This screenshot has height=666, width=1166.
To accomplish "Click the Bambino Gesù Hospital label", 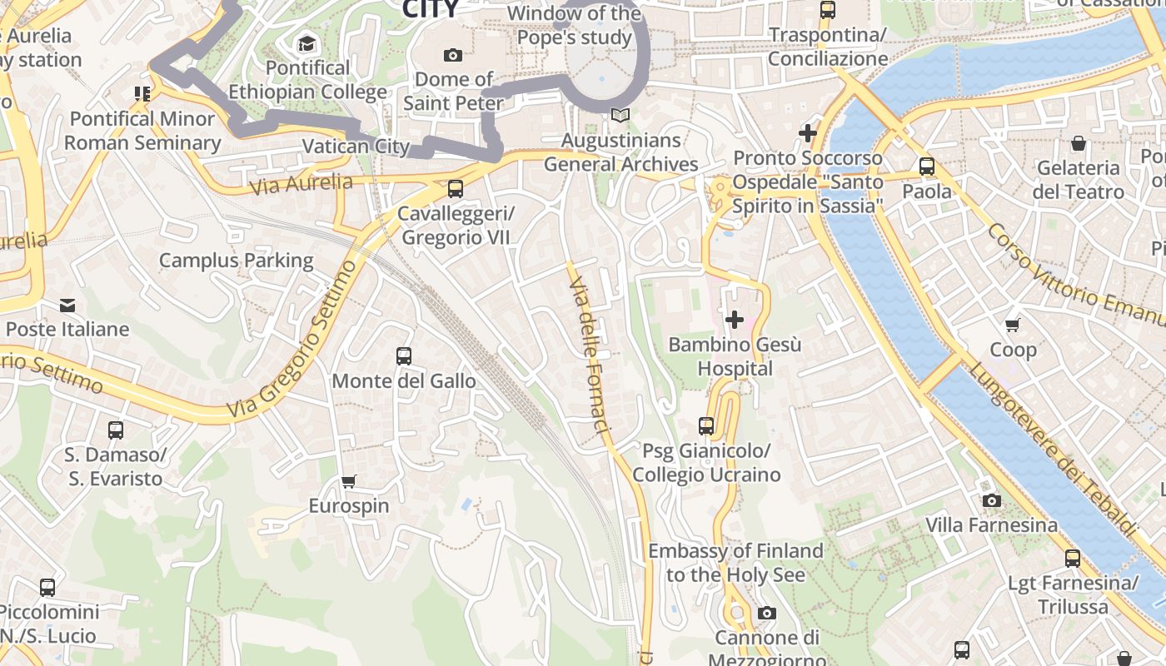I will coord(735,356).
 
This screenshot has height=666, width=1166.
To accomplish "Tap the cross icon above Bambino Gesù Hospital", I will coord(735,319).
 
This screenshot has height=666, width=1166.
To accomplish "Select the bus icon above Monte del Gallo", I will coord(404,356).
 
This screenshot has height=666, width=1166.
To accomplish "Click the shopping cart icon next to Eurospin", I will coord(349,481).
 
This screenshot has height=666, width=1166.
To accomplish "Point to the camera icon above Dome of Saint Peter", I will coord(453,55).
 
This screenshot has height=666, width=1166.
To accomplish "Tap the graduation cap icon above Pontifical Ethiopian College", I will coord(307,43).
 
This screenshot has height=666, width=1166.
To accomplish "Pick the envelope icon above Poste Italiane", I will coord(67,305).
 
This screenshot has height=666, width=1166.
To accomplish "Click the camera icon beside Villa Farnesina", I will coord(991,500).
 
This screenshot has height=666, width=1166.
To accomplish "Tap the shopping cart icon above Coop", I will coord(1013,325).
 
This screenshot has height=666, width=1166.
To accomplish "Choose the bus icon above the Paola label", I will coord(927,166).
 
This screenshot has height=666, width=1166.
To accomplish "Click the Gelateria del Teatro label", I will coord(1078,180).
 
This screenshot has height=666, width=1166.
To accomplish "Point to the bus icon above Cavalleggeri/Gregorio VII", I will coord(455,189).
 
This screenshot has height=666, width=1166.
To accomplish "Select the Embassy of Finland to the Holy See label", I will coord(735,563).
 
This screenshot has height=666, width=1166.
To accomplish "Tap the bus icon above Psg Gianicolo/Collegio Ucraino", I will coord(706,426).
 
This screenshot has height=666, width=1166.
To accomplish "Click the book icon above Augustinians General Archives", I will coord(620,116).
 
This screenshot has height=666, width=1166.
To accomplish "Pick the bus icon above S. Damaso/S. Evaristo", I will coord(116,430).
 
